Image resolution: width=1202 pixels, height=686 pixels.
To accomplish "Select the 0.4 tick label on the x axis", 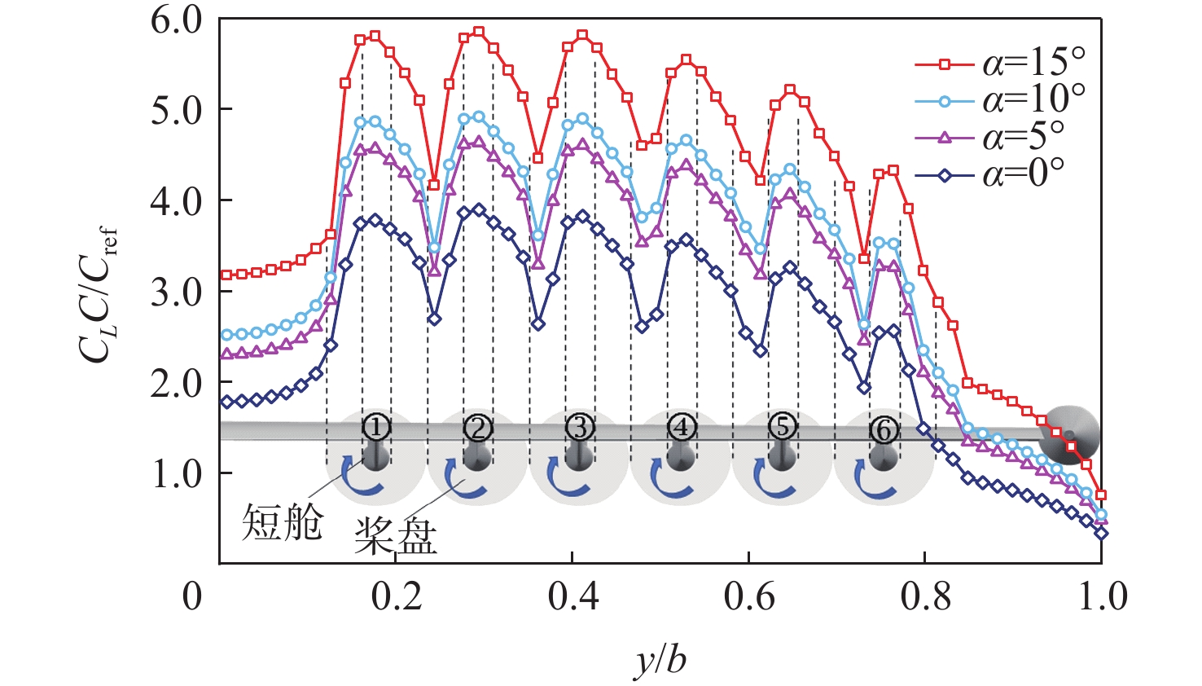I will [572, 597].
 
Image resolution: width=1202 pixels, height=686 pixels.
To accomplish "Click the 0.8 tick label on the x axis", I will [925, 597].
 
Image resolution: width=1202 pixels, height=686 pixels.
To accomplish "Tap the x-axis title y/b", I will [660, 658].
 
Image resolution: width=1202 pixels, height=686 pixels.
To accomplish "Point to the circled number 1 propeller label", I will [375, 426].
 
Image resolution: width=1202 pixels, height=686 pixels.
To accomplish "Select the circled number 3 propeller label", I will [579, 426].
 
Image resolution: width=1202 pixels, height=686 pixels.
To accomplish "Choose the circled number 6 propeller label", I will [884, 429].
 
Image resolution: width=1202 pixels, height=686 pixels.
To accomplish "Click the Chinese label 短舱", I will [282, 522].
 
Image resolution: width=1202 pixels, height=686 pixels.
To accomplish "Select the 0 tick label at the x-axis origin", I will [192, 597].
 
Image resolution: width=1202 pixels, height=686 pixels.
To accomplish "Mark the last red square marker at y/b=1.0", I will [1101, 495].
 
